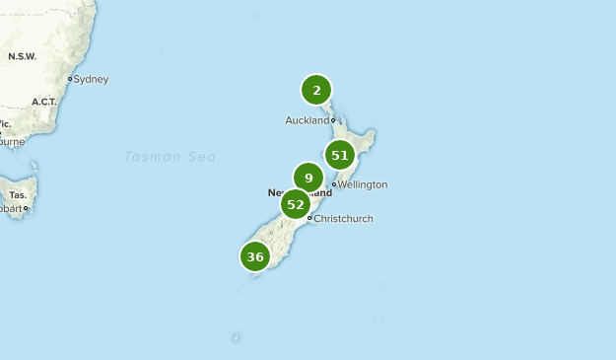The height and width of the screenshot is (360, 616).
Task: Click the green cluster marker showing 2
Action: tap(316, 91)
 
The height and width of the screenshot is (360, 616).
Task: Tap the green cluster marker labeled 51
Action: tap(340, 155)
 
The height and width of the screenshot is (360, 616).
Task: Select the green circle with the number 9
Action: tap(308, 179)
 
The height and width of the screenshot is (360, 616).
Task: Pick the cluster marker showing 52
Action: tap(296, 204)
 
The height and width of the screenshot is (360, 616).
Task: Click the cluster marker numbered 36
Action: tap(255, 256)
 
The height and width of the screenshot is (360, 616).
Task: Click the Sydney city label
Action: tap(92, 79)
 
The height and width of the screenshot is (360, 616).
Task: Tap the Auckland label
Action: tap(307, 120)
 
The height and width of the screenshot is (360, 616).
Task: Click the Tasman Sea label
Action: tap(170, 157)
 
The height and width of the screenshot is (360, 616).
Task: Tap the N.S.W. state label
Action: tap(22, 56)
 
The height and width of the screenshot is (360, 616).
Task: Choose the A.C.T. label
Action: tap(45, 102)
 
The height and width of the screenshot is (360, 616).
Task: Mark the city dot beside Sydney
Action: tap(70, 79)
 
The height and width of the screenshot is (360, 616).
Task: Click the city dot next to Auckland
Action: tap(333, 120)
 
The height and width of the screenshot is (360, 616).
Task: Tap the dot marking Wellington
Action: tap(335, 184)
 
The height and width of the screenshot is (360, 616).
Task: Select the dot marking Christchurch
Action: tap(309, 218)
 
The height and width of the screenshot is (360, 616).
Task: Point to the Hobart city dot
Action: tap(26, 208)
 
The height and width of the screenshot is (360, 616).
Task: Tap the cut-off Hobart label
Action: tap(10, 209)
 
